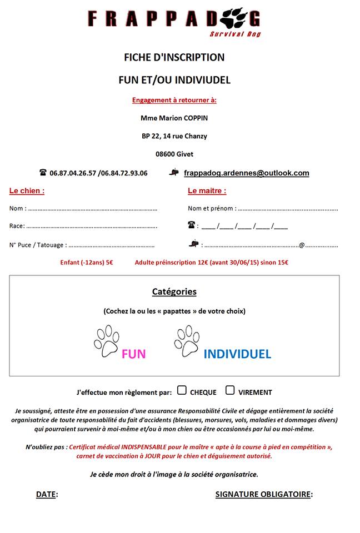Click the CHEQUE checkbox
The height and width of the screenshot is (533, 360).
coord(182,390)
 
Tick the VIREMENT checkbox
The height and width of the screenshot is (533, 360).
coord(230,390)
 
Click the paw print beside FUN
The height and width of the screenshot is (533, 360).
coord(106,341)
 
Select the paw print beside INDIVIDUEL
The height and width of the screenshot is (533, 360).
coord(187,340)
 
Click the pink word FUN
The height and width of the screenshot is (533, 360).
coord(133,354)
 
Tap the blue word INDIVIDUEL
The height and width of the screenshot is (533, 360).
coord(237,354)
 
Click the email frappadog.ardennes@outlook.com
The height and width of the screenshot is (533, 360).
coord(246,173)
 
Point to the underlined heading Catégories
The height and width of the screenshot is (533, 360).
coord(174,291)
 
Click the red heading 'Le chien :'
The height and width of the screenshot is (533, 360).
coord(27,191)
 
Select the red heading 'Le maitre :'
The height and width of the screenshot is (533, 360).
coord(207,191)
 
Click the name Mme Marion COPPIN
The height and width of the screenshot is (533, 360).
coord(174,118)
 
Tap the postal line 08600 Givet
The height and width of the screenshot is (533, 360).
coord(174,154)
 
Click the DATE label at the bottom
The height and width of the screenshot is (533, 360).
coord(47,494)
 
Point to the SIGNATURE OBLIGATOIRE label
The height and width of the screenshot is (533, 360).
coord(264,494)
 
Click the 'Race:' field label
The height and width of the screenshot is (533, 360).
coord(17,226)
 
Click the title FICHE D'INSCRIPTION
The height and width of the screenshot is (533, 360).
coord(174,57)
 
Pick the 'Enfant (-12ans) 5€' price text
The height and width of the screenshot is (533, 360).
coord(87,263)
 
